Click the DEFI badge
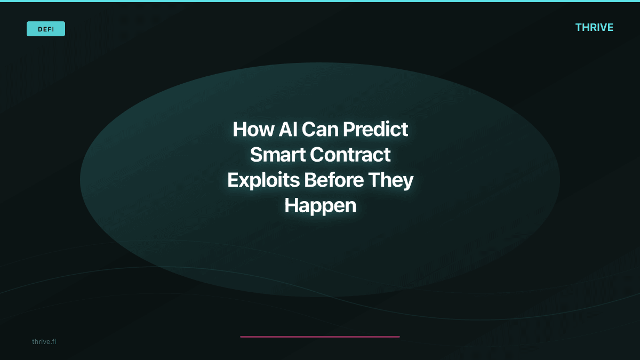point(46,29)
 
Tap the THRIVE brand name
point(594,27)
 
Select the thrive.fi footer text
point(44,341)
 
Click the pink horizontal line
point(320,337)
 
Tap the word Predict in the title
point(376,130)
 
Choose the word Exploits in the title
point(263,180)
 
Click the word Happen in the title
point(320,206)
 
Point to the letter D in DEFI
point(40,29)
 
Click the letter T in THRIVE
point(579,27)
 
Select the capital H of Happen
point(291,205)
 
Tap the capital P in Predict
point(348,130)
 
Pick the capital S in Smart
point(257,155)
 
